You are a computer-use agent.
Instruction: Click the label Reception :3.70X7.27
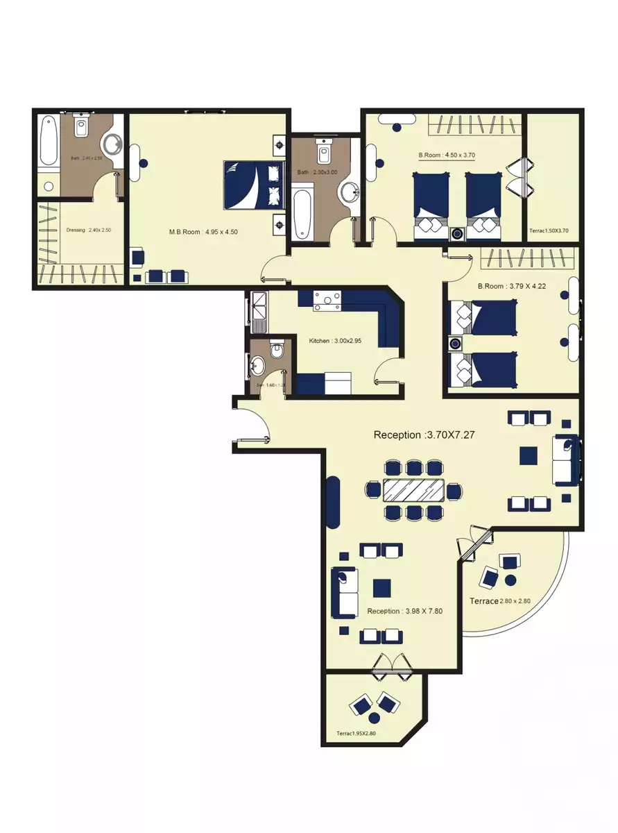428,435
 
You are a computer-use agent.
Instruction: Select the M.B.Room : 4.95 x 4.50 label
204,232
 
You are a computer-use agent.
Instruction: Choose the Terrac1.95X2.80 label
360,733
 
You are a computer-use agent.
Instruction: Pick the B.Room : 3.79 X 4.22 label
501,285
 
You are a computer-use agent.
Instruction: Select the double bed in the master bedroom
254,185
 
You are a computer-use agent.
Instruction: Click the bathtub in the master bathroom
47,142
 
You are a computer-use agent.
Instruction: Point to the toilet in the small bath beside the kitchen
275,351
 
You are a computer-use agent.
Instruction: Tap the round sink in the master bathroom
113,144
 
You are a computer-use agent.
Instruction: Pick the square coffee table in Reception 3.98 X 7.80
381,588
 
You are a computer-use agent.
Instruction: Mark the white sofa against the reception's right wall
565,460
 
